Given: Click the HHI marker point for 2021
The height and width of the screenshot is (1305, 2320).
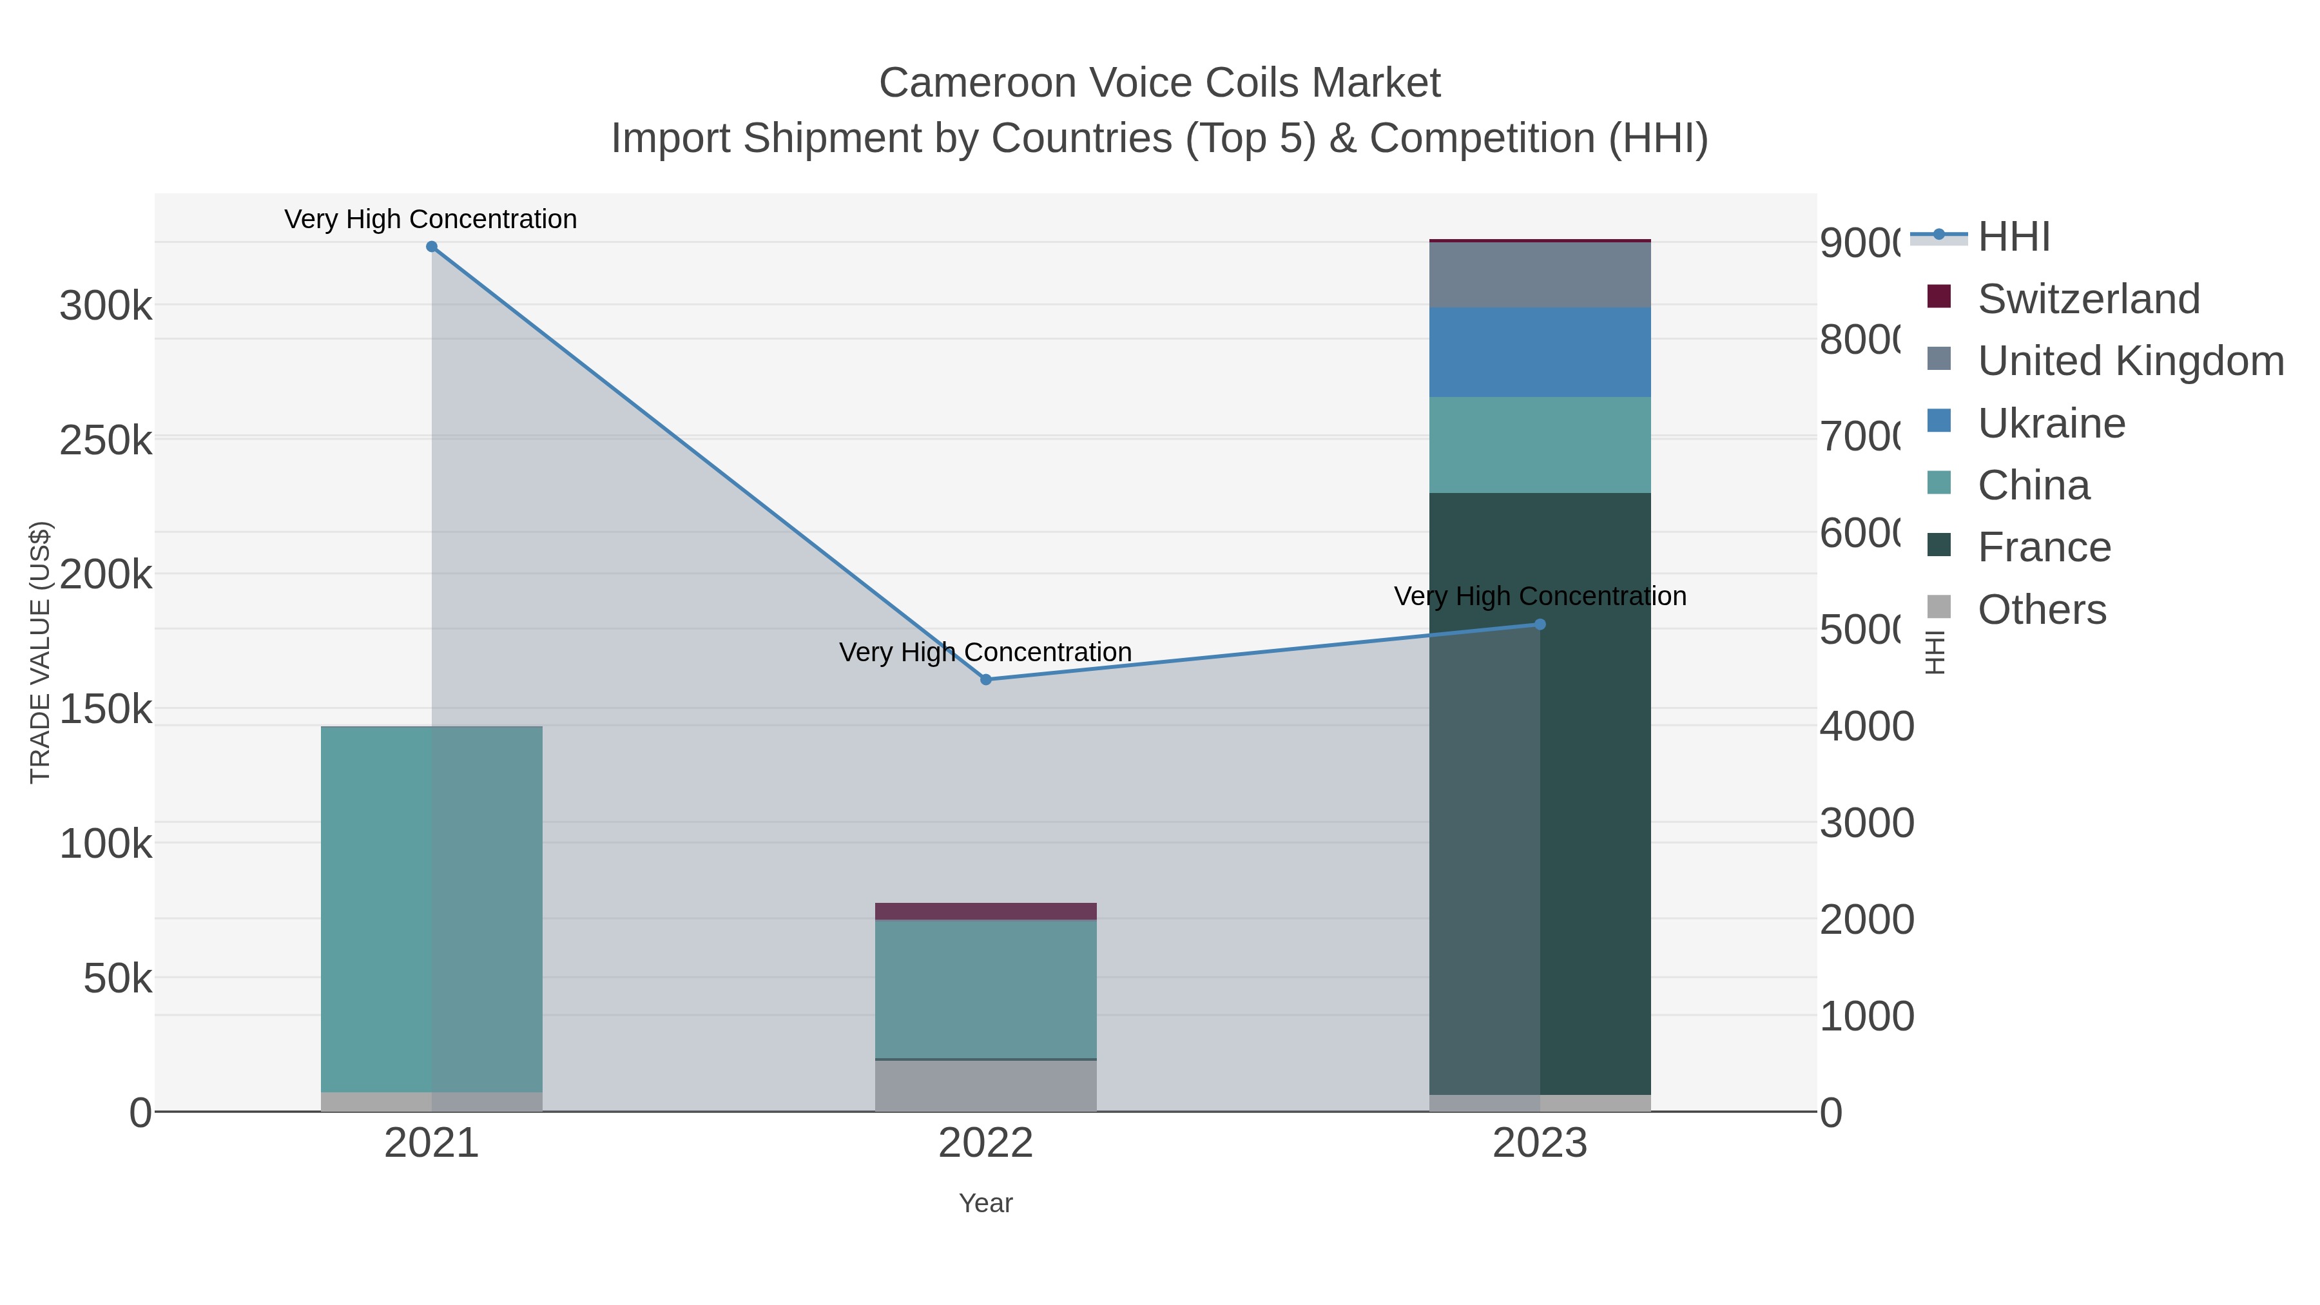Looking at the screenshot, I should (431, 247).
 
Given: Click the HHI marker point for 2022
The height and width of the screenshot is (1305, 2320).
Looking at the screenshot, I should (985, 680).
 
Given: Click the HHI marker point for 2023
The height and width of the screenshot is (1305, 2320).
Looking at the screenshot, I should (1539, 624).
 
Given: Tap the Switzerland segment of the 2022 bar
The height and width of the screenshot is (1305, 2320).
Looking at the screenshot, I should (985, 911).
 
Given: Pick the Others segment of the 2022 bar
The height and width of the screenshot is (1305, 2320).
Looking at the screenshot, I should (985, 1086).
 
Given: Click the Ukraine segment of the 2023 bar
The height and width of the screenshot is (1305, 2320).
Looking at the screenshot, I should (1539, 352).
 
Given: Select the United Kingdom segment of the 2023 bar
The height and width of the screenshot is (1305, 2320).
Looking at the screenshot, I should (1539, 275).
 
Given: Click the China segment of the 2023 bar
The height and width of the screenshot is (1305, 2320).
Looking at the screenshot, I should (1539, 445).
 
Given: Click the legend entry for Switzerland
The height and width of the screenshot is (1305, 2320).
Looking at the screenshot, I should (2087, 299).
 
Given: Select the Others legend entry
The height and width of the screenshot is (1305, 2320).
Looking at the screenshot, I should (2041, 610).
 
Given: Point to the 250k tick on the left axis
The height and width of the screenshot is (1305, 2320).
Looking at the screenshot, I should (106, 441).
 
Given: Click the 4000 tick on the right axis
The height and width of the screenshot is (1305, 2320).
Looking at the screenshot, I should (1866, 726).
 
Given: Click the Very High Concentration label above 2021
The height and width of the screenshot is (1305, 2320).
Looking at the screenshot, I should (430, 219).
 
